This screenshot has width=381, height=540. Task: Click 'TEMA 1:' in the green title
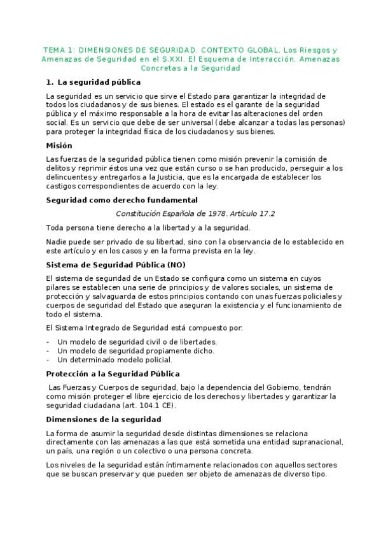pyautogui.click(x=57, y=49)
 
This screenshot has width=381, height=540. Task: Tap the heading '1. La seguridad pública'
pyautogui.click(x=94, y=82)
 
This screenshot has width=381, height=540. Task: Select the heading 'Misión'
pyautogui.click(x=59, y=145)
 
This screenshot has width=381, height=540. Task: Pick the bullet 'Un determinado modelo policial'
pyautogui.click(x=114, y=359)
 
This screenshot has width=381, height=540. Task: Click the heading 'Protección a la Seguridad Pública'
pyautogui.click(x=113, y=373)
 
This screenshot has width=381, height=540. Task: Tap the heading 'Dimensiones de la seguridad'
pyautogui.click(x=104, y=419)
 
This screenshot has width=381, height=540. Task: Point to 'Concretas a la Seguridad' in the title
pyautogui.click(x=190, y=67)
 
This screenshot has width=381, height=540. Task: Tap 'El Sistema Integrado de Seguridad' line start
pyautogui.click(x=95, y=328)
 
